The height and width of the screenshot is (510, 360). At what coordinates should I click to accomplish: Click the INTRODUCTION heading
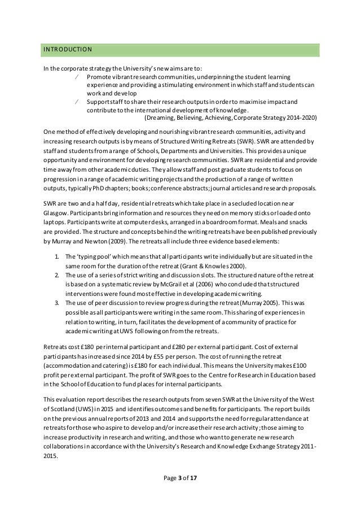(68, 50)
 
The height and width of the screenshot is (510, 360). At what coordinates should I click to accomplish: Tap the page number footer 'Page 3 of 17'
(179, 478)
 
